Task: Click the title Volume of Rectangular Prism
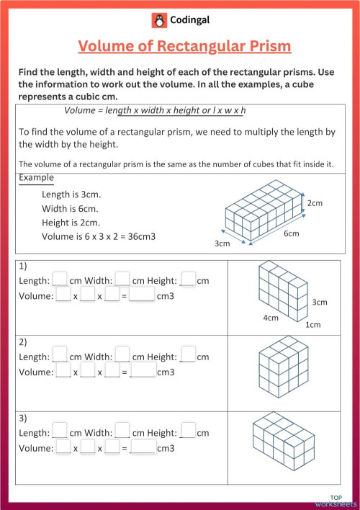point(184,47)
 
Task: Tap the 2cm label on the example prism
point(315,204)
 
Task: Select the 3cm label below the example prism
point(222,243)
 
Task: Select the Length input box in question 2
point(60,356)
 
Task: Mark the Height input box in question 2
point(188,356)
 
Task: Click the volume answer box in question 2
point(143,372)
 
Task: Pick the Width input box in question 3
point(122,432)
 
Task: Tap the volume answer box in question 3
point(143,448)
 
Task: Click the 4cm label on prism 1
point(271,318)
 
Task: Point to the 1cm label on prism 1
point(313,325)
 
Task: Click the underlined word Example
point(36,178)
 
